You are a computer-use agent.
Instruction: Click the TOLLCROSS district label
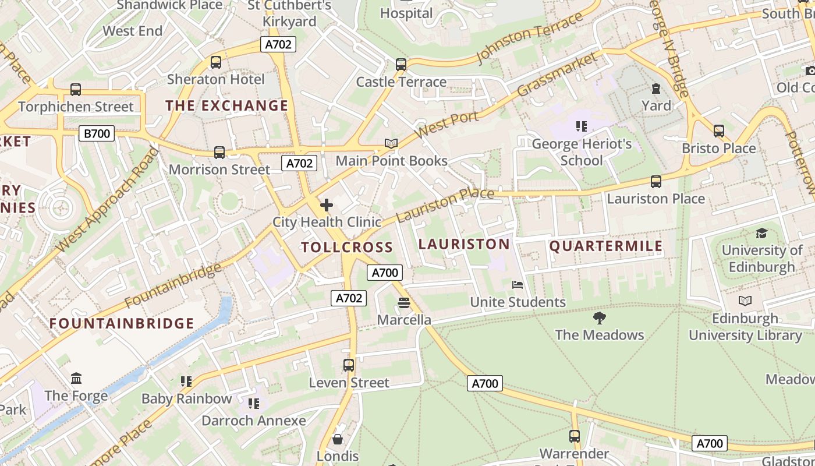point(347,247)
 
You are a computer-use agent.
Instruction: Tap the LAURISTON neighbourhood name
point(464,244)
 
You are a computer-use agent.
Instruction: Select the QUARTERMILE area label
point(606,246)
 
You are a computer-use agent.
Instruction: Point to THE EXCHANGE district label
point(226,105)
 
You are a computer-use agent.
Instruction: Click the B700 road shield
point(97,134)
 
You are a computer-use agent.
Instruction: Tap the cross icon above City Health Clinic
point(327,205)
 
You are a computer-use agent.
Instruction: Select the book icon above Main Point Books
point(391,144)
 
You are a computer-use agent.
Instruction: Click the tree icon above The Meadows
point(599,317)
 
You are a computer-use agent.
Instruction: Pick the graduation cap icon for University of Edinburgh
point(761,234)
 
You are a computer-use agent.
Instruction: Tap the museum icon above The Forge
point(76,379)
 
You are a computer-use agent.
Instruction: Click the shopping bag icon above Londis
point(338,439)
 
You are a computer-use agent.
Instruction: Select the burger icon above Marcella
point(404,303)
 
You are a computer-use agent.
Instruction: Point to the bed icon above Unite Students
point(518,285)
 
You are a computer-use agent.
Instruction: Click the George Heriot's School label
point(582,151)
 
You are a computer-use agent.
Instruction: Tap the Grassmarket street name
point(557,75)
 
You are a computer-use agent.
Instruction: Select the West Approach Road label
point(108,200)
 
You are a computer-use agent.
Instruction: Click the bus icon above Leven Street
point(349,365)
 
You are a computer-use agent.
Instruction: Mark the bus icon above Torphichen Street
point(76,90)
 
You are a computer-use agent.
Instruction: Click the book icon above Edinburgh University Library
point(745,301)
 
